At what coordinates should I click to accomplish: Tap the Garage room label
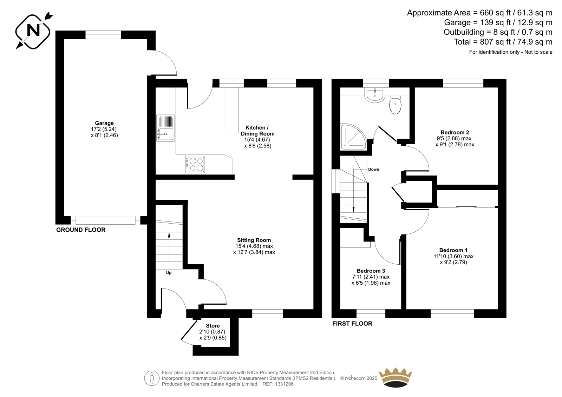click(x=104, y=123)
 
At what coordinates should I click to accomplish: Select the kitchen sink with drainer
click(x=165, y=128)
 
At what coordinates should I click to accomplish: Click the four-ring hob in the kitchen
click(x=195, y=165)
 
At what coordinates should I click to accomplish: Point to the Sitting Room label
click(x=254, y=240)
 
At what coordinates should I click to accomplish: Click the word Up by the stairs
click(x=169, y=273)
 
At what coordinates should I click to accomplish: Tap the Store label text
click(x=213, y=326)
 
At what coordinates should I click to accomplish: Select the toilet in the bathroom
click(x=396, y=105)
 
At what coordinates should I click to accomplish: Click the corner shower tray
click(x=353, y=137)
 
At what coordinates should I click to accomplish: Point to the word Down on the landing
click(x=374, y=170)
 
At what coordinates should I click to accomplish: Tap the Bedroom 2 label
click(x=455, y=132)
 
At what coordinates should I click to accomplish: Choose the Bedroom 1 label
click(x=453, y=250)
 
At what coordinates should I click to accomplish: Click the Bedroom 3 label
click(x=371, y=271)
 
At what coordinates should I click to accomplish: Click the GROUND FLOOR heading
click(x=81, y=230)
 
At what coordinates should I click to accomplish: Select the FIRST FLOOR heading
click(x=352, y=324)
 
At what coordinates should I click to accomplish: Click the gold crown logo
click(x=396, y=377)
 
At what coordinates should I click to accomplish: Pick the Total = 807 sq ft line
click(x=503, y=42)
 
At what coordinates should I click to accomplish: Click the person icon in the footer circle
click(x=151, y=378)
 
